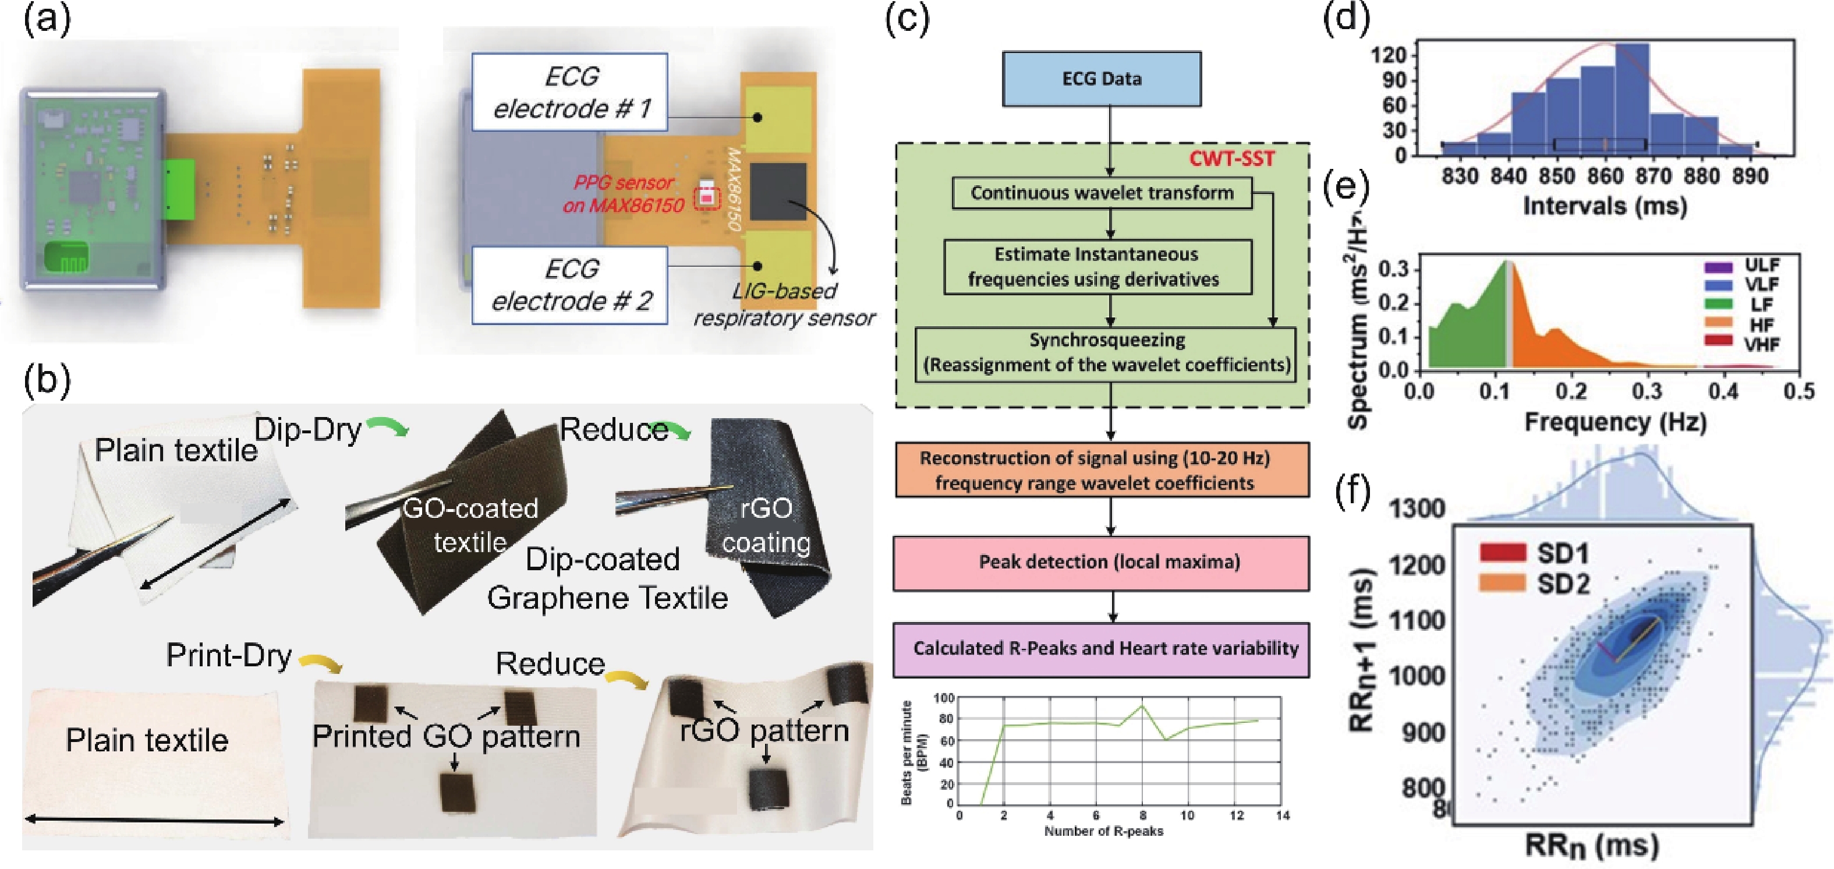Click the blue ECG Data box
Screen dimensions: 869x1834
coord(1102,79)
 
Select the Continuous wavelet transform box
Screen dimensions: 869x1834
coord(1102,193)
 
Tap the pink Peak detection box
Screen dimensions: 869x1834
coord(1102,563)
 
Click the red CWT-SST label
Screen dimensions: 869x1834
coord(1231,158)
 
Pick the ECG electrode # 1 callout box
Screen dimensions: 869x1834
coord(569,92)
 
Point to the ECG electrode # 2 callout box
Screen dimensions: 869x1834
coord(569,285)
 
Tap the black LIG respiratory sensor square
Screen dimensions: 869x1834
coord(778,192)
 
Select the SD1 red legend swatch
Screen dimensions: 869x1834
coord(1503,552)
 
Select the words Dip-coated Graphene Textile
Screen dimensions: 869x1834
coord(607,578)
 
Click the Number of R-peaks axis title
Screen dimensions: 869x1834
coord(1103,831)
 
